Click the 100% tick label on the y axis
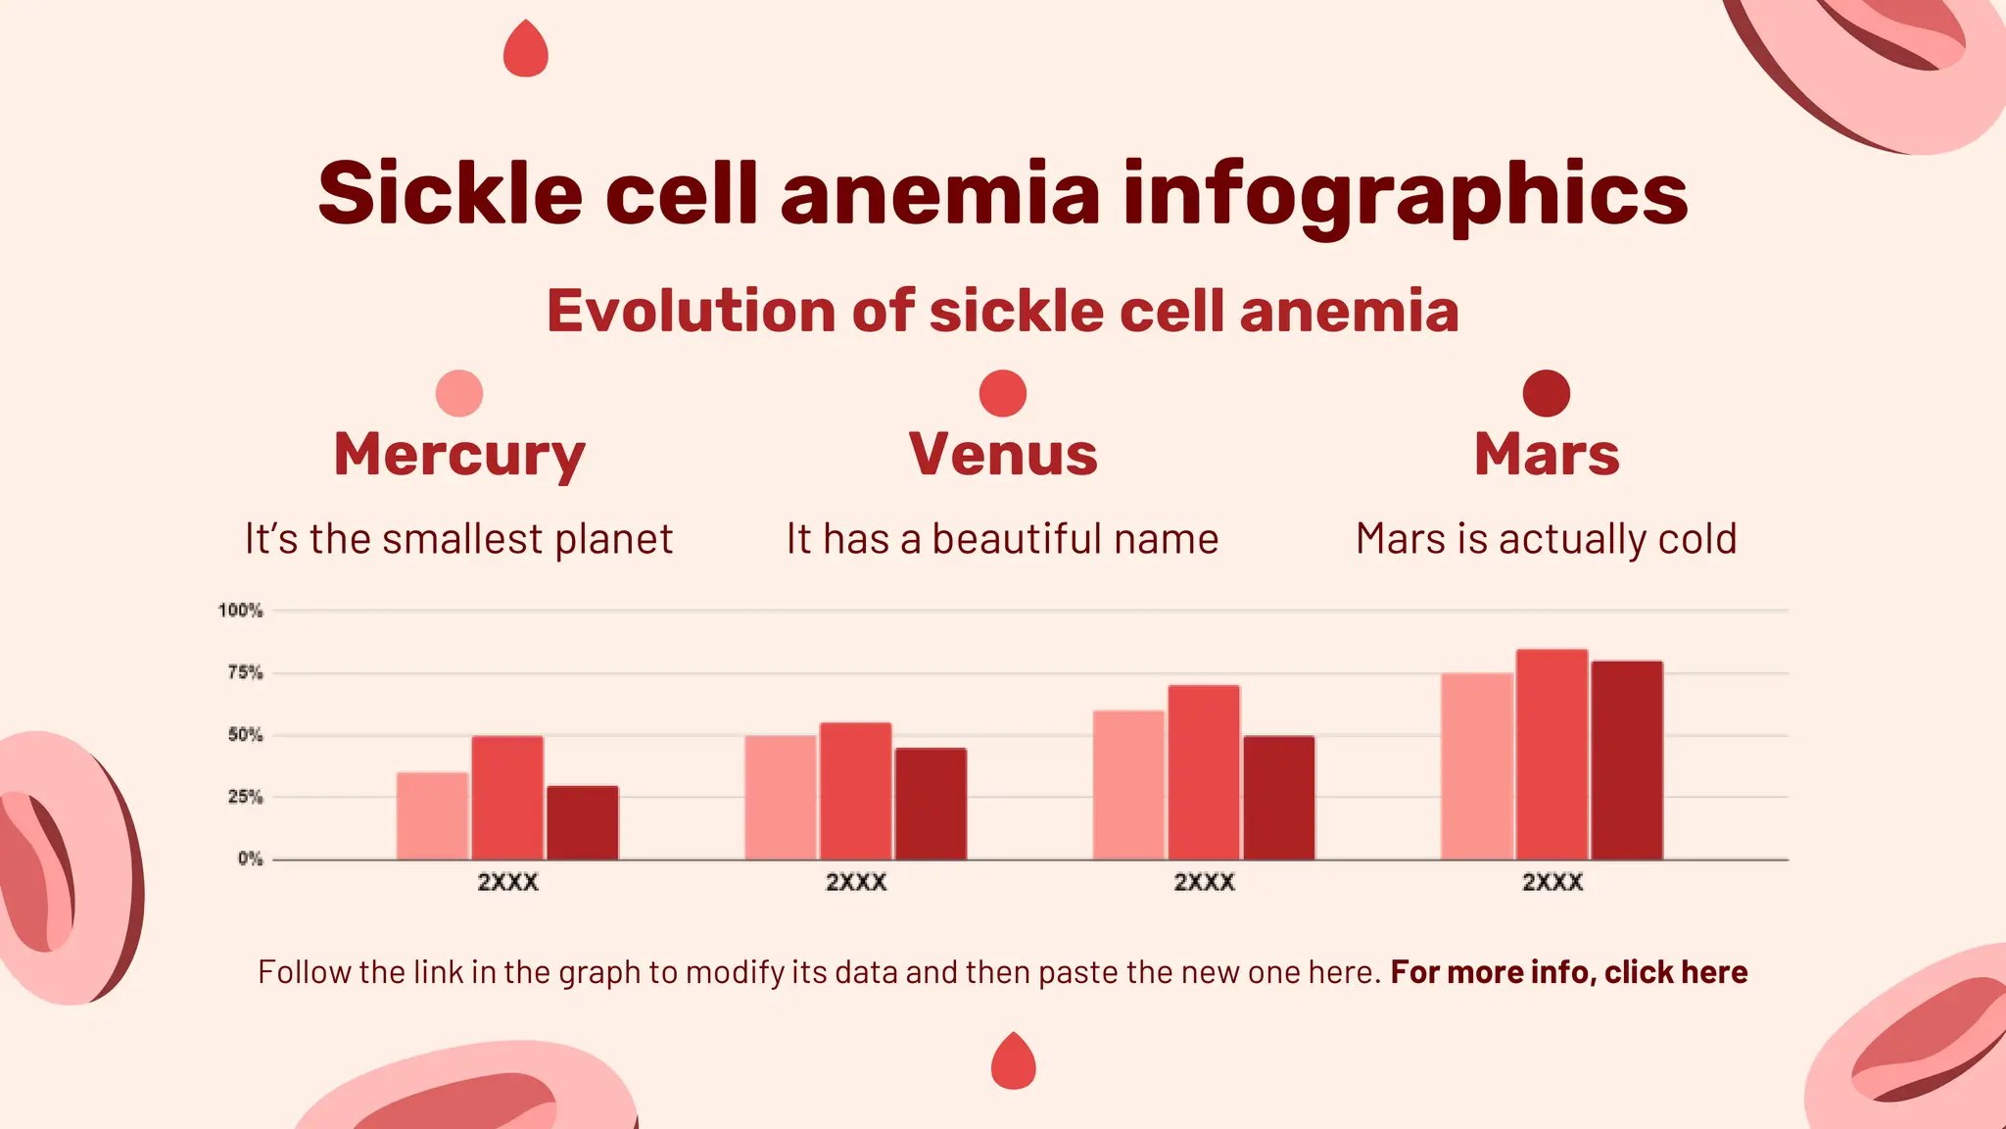pos(240,611)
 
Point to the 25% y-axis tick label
pos(245,797)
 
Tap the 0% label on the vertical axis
pos(250,859)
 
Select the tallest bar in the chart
pos(1552,755)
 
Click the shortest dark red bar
pos(583,823)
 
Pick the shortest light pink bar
pos(432,816)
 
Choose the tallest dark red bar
pos(1627,761)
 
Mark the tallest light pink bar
pos(1476,766)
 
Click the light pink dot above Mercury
pos(459,394)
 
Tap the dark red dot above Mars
pos(1547,394)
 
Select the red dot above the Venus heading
pos(1003,394)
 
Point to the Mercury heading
pos(459,456)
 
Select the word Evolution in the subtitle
pos(691,311)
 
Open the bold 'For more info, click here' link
pos(1568,972)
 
